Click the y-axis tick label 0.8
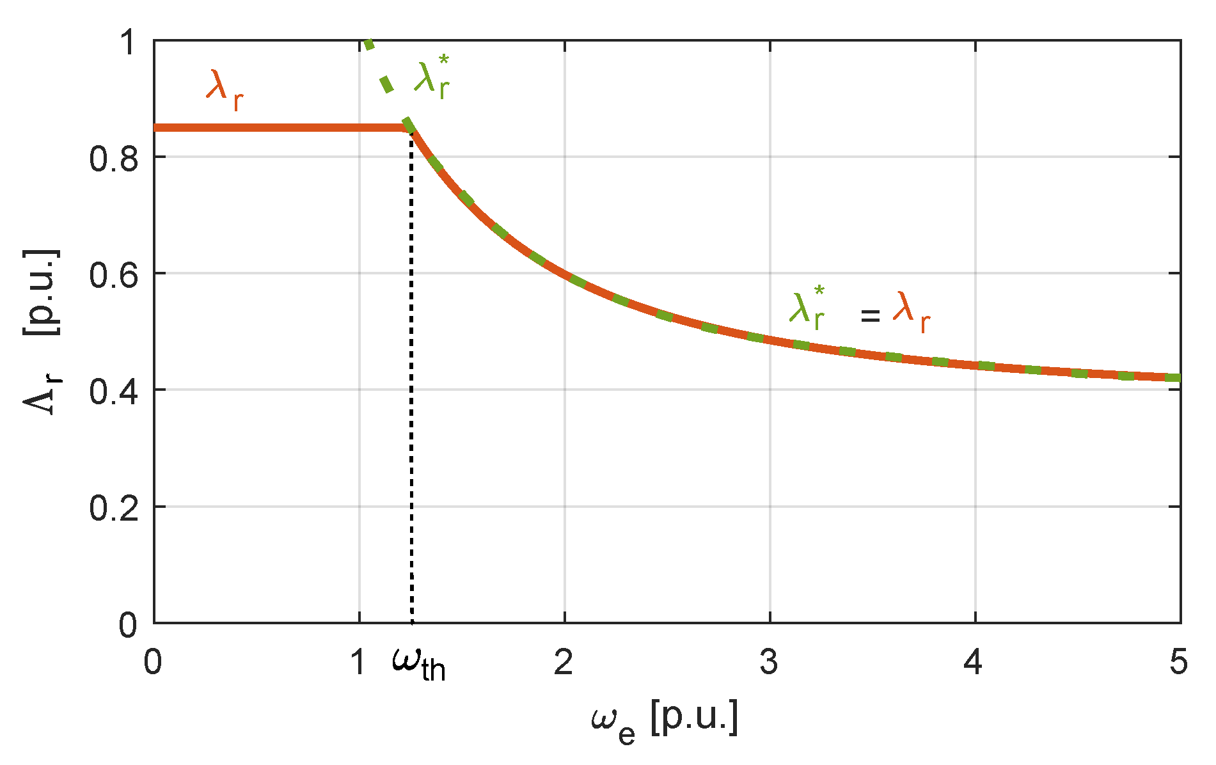pyautogui.click(x=113, y=159)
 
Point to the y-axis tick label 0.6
pyautogui.click(x=113, y=275)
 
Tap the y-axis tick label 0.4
pyautogui.click(x=113, y=391)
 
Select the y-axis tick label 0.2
pyautogui.click(x=113, y=508)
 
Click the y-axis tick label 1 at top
pyautogui.click(x=128, y=43)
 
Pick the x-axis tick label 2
pyautogui.click(x=564, y=662)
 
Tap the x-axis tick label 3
pyautogui.click(x=769, y=662)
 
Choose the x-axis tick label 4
pyautogui.click(x=973, y=662)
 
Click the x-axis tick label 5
pyautogui.click(x=1178, y=662)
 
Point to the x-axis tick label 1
pyautogui.click(x=359, y=662)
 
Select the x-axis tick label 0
pyautogui.click(x=154, y=662)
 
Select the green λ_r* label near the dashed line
pyautogui.click(x=432, y=78)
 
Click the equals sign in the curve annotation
pyautogui.click(x=870, y=315)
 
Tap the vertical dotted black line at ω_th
pyautogui.click(x=411, y=384)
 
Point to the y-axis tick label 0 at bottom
pyautogui.click(x=128, y=624)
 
